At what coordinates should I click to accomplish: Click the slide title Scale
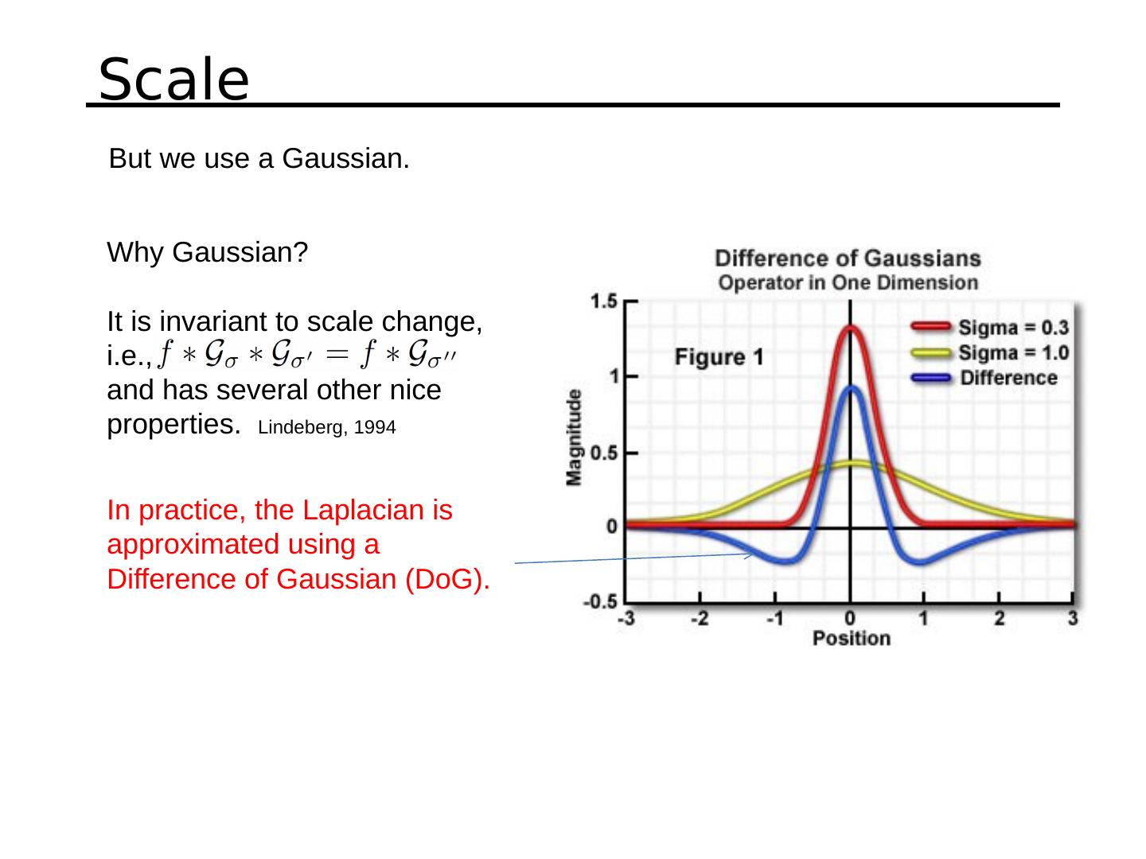click(173, 80)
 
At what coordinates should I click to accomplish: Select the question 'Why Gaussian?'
click(207, 253)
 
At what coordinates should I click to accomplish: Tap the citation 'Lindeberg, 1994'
click(327, 428)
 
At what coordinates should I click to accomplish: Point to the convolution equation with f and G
click(306, 355)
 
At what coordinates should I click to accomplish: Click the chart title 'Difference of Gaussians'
click(848, 258)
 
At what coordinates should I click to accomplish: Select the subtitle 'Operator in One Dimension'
click(848, 282)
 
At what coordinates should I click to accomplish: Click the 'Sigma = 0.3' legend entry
click(1012, 327)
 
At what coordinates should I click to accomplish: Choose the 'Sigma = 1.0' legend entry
click(1012, 352)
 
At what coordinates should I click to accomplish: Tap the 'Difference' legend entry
click(1008, 378)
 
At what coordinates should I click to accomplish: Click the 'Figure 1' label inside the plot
click(719, 357)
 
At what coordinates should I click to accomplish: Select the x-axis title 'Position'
click(851, 639)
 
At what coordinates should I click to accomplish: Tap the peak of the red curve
click(851, 327)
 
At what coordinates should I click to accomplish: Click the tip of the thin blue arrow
click(753, 554)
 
